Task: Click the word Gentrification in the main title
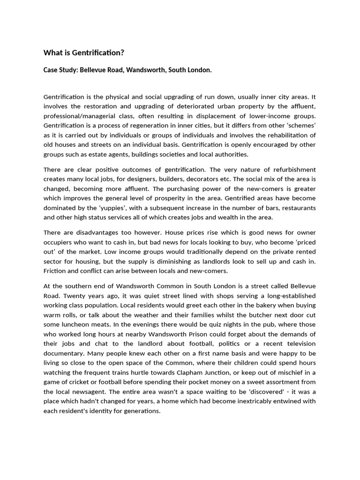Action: (94, 52)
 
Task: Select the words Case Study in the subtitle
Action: (60, 70)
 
